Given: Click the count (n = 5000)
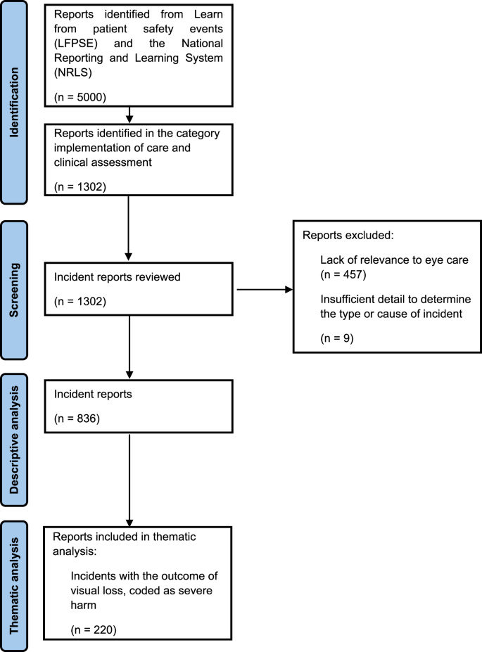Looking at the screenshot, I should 80,96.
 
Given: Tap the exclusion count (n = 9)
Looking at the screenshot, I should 336,338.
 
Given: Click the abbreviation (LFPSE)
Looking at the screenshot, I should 75,44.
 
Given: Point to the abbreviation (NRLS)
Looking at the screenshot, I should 71,73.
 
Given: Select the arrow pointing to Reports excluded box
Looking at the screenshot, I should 265,289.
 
